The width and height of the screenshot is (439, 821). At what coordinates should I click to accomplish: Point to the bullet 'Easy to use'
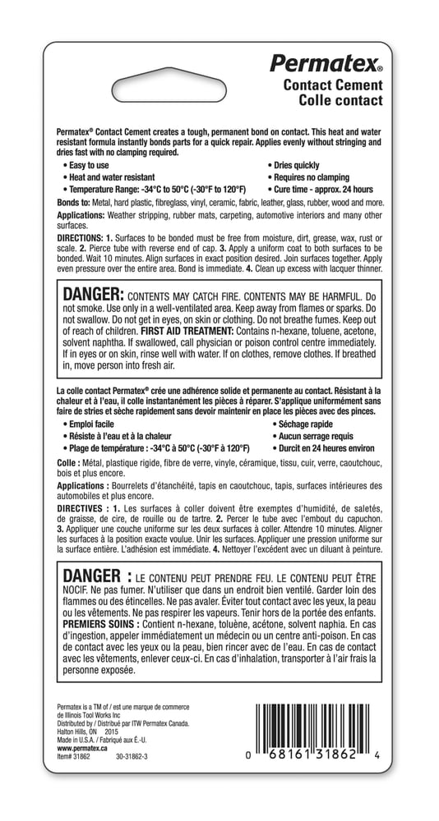tap(89, 165)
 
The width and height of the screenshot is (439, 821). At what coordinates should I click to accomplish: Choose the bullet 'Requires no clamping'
tap(310, 177)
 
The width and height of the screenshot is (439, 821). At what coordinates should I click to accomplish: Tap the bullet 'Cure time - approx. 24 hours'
tap(325, 189)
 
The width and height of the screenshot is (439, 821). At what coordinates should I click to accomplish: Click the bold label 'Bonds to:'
tap(74, 201)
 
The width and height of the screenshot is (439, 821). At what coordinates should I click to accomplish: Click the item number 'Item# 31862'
tap(73, 757)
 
